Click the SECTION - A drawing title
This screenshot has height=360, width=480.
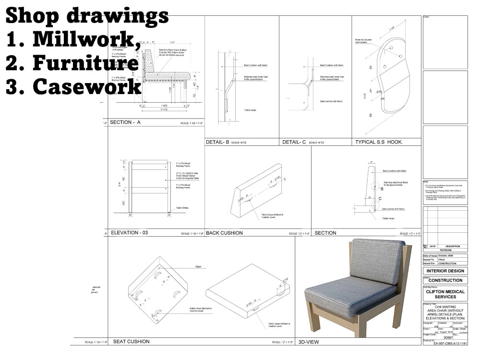[125, 122]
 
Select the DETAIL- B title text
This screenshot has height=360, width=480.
[217, 142]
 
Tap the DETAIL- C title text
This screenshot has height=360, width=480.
[294, 142]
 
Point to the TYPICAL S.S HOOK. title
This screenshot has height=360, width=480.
[379, 142]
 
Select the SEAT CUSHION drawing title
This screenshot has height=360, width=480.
[131, 342]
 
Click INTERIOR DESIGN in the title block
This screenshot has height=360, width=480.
[445, 271]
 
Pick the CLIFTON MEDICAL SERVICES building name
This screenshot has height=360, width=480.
[445, 294]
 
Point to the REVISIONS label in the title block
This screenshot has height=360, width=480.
[445, 250]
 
